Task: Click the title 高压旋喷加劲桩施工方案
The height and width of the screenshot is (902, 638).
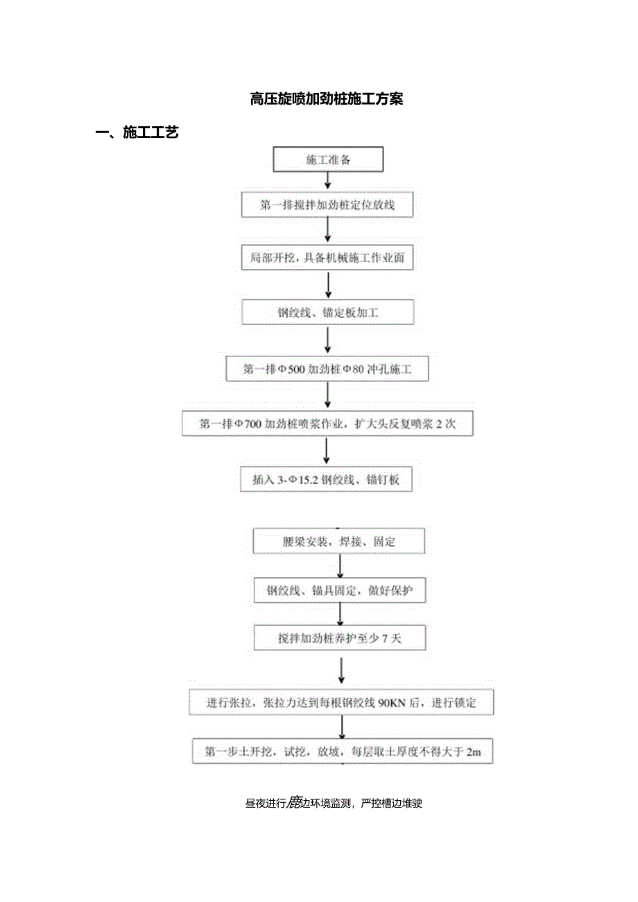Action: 326,99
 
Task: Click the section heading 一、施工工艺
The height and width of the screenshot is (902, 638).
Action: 137,132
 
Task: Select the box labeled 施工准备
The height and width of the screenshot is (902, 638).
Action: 329,159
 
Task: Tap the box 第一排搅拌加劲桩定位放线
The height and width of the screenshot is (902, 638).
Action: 327,205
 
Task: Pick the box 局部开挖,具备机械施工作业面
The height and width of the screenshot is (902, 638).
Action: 327,259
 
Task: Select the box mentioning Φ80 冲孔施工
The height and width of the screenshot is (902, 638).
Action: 327,370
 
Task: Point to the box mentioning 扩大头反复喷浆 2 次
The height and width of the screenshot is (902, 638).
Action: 327,424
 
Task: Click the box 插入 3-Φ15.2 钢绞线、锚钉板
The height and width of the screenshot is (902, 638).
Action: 326,480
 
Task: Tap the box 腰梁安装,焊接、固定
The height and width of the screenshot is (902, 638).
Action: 338,541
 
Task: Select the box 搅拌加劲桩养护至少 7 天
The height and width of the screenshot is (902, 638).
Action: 340,639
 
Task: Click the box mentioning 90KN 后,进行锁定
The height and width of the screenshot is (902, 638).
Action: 342,702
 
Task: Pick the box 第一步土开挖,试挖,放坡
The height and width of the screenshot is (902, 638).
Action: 343,751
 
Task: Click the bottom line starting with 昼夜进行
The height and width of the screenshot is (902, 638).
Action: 334,804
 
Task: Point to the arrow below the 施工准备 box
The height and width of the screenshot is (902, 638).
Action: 328,182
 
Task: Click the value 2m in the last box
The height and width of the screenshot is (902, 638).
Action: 474,751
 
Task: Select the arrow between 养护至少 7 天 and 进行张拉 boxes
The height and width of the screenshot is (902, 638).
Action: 341,669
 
